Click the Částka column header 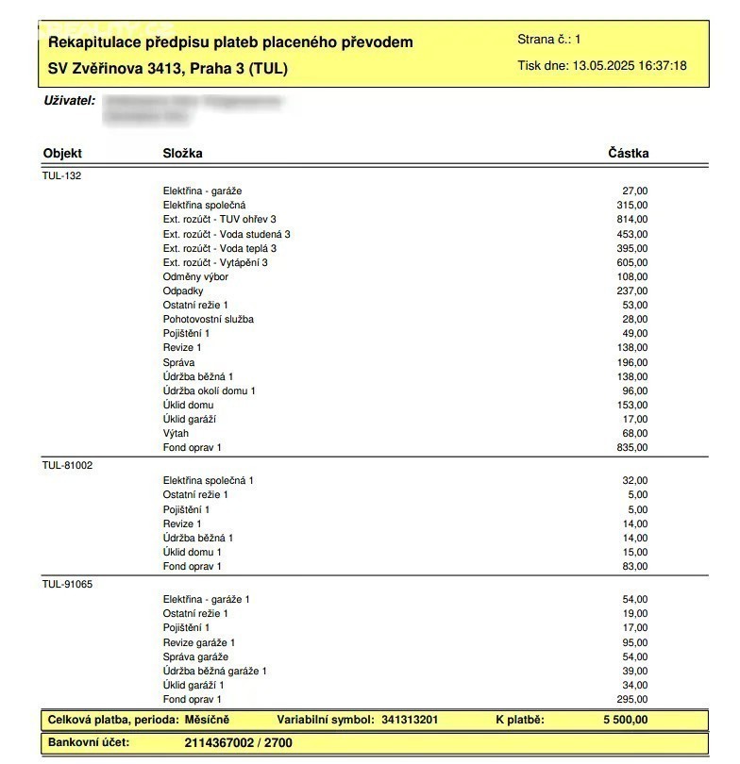point(628,154)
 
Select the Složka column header point(183,154)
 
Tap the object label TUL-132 point(61,175)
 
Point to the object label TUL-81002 point(67,465)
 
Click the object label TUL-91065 point(67,584)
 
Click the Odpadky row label point(183,291)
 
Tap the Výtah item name point(177,434)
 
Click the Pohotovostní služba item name point(208,320)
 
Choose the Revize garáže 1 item point(199,642)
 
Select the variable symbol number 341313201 point(410,721)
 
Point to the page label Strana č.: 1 point(549,40)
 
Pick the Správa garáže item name point(195,656)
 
